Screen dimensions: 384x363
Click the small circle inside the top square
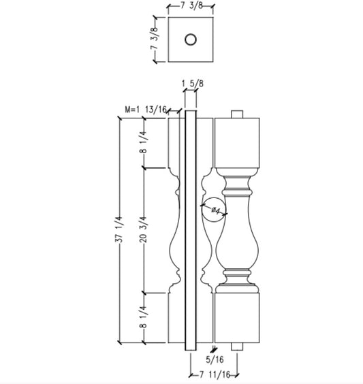coord(190,39)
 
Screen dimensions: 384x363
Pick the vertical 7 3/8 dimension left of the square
coord(155,39)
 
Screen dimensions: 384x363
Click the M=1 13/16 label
coord(145,109)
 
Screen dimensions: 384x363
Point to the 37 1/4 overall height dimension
coord(119,229)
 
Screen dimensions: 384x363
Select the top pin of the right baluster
coord(238,113)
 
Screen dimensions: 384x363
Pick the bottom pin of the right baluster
coord(238,345)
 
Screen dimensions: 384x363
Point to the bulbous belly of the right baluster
coord(238,245)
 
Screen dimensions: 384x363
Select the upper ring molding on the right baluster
coord(238,185)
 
